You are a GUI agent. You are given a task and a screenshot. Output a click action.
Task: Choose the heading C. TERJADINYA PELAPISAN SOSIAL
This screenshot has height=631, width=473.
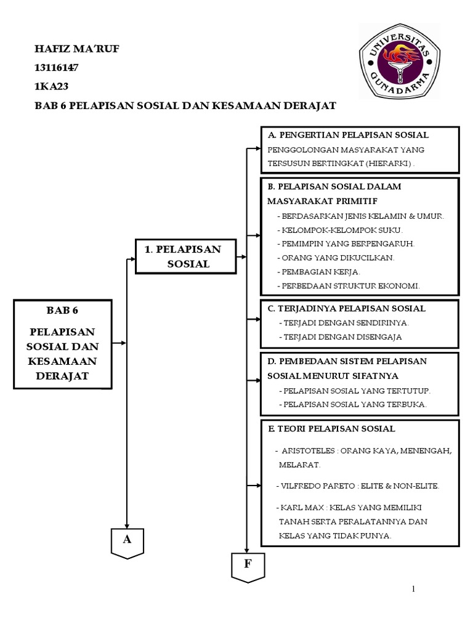[346, 309]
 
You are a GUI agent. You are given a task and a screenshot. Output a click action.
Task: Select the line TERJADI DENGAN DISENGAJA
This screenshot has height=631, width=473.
[340, 337]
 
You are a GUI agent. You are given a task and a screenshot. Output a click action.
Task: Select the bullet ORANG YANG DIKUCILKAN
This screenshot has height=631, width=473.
[337, 258]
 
